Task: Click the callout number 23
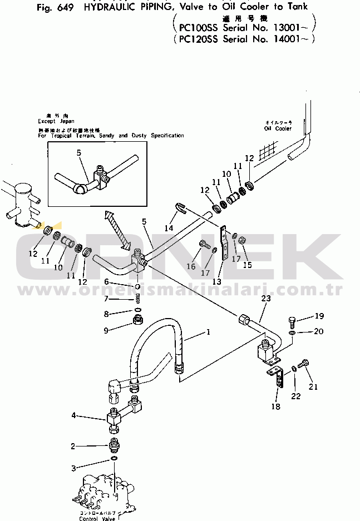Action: pyautogui.click(x=265, y=299)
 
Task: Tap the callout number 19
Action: pyautogui.click(x=318, y=316)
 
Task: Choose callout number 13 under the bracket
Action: pyautogui.click(x=216, y=282)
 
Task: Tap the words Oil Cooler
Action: pyautogui.click(x=278, y=128)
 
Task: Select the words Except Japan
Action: pyautogui.click(x=56, y=121)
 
